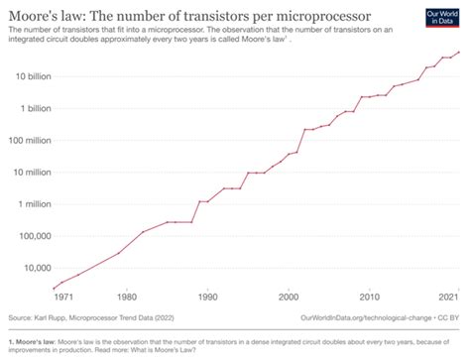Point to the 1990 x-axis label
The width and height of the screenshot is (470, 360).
tap(206, 298)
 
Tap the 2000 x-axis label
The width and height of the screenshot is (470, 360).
tap(288, 298)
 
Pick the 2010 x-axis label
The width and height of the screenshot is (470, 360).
tap(369, 298)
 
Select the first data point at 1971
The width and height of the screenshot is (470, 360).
tap(54, 288)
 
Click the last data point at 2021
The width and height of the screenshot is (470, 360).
tap(458, 53)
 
